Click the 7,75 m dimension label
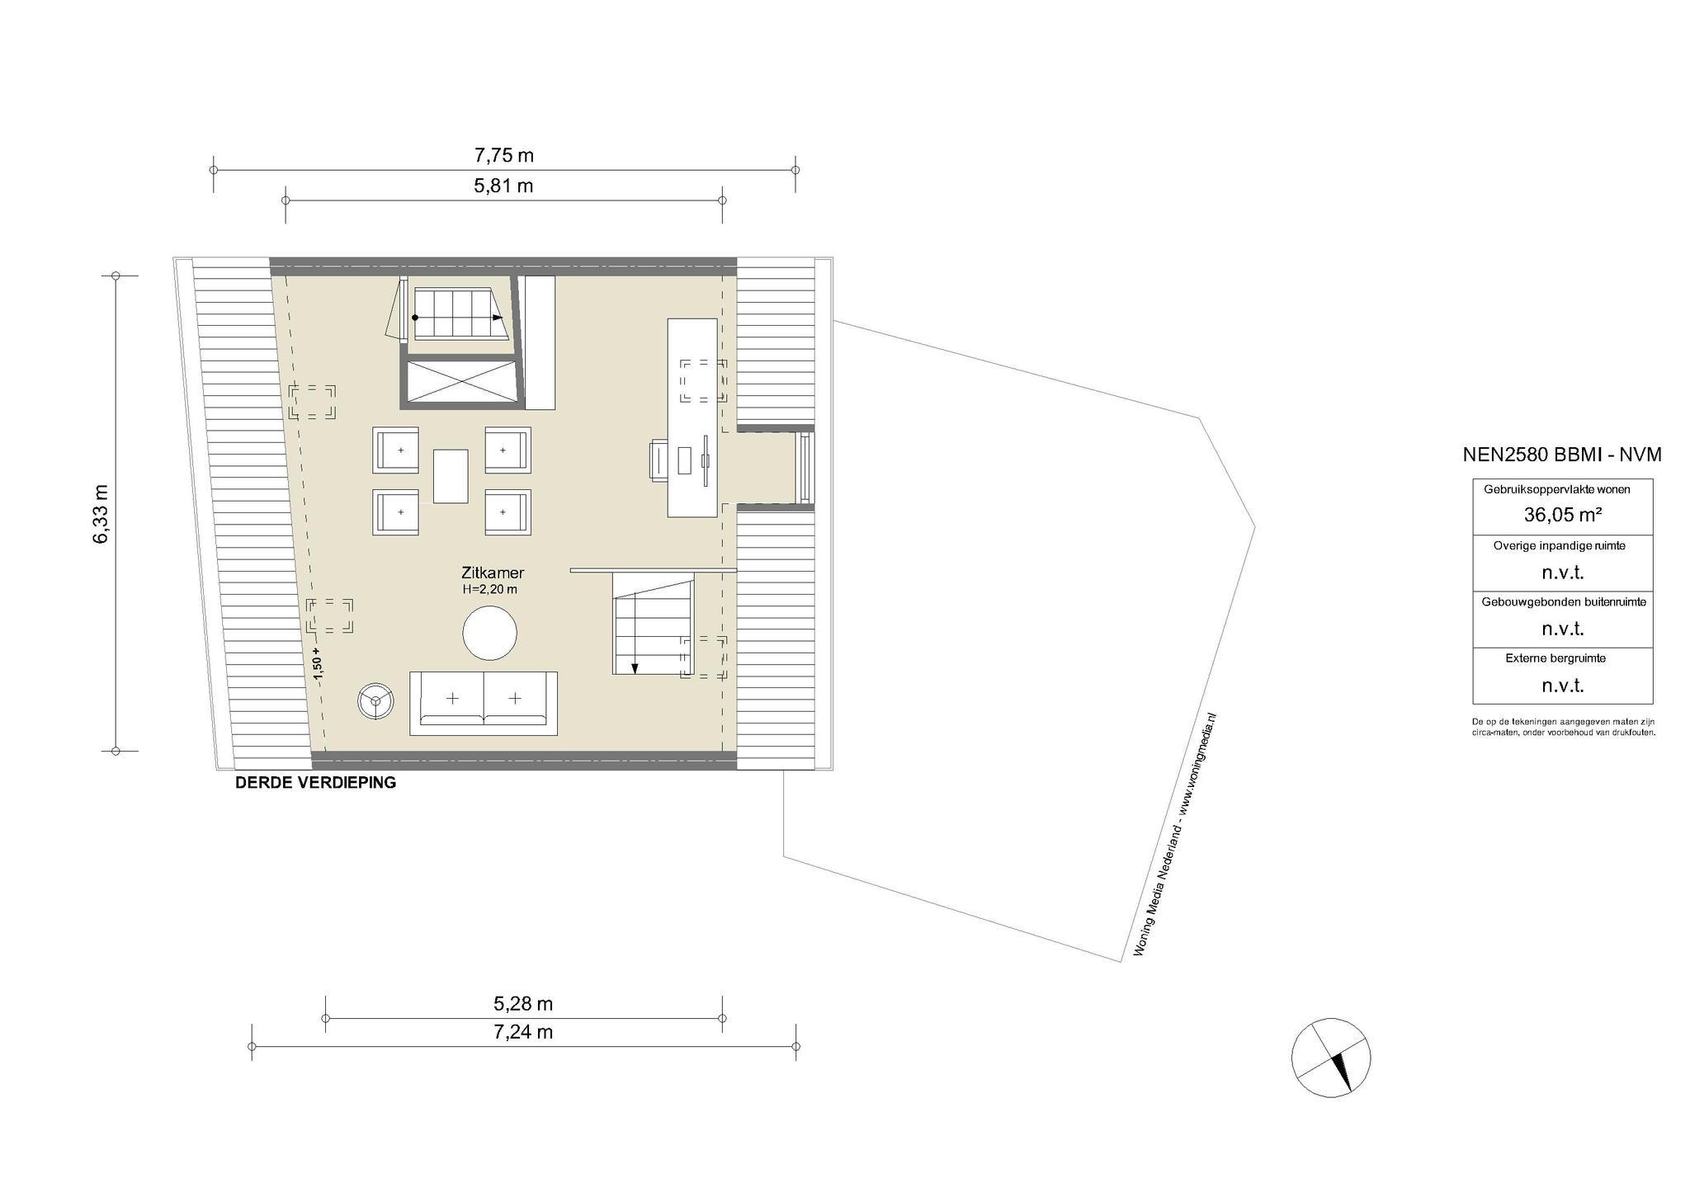pos(503,155)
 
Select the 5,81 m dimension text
pos(503,186)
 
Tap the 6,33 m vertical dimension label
pos(101,514)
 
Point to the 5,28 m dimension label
pos(523,1004)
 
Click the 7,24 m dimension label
pos(523,1032)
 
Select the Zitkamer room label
pos(493,573)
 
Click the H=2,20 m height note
pos(490,590)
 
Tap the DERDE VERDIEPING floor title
pos(315,783)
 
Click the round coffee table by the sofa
pos(490,633)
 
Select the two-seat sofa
pos(484,703)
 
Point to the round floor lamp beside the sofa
pos(375,700)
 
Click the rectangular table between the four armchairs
pos(451,475)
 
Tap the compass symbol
pos(1331,1058)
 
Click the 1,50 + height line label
pos(318,662)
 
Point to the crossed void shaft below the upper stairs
pos(460,383)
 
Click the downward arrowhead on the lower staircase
pos(634,668)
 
